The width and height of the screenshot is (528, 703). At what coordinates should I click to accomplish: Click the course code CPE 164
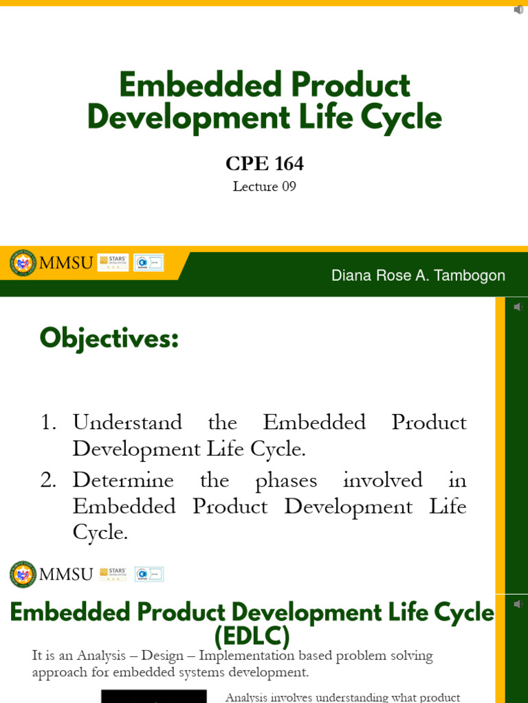(x=264, y=163)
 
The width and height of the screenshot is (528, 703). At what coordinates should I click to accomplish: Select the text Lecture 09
(x=264, y=187)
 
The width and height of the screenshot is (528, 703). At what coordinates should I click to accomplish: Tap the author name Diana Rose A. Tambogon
(x=418, y=275)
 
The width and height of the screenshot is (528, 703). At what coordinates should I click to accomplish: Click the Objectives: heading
(x=109, y=338)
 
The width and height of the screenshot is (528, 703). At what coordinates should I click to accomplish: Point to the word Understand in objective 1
(x=127, y=422)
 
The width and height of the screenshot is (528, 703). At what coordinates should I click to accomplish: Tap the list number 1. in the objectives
(x=48, y=422)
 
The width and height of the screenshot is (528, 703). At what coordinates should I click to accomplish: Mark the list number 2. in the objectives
(x=48, y=480)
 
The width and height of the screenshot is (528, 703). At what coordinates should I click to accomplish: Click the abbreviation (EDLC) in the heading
(x=252, y=636)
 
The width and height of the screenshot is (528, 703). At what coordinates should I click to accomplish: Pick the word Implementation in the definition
(x=249, y=656)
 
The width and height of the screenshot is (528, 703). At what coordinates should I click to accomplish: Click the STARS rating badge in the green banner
(x=113, y=262)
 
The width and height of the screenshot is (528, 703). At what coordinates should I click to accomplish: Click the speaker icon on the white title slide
(x=518, y=10)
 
